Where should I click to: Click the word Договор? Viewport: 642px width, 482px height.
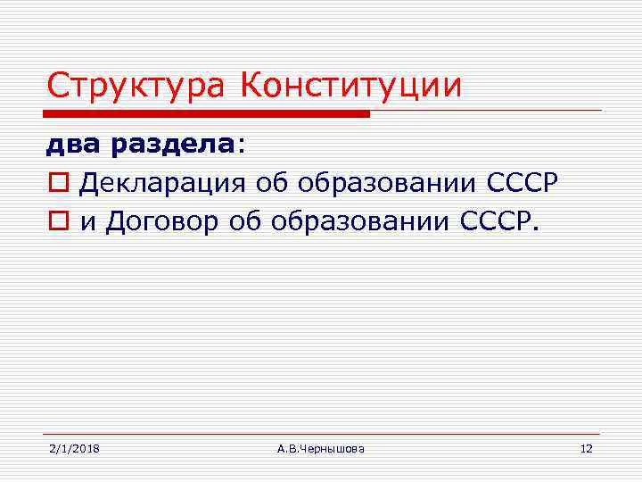tap(160, 222)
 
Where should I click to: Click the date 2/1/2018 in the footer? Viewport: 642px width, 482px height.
tap(73, 448)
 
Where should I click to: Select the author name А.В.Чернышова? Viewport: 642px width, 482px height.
tap(320, 448)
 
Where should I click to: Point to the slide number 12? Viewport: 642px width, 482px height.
tap(586, 448)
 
